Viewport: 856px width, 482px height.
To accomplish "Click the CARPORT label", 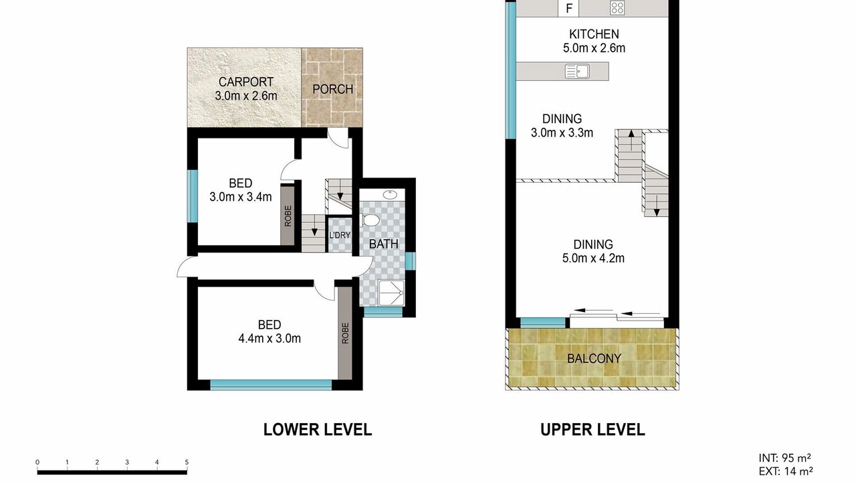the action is click(245, 82).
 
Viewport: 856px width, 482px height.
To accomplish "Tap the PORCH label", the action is click(332, 89).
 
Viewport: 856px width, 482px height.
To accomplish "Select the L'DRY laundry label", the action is click(340, 235).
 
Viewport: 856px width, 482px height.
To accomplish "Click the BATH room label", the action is click(383, 244).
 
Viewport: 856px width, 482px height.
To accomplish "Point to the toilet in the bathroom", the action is click(370, 220).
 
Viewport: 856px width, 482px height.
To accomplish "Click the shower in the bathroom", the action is click(391, 293).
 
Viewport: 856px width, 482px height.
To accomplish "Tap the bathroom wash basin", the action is click(390, 195).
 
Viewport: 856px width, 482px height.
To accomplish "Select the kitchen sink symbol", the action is click(577, 71).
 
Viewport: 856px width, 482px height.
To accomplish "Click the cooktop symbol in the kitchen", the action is click(617, 8).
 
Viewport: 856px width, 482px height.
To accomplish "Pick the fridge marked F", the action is click(568, 9).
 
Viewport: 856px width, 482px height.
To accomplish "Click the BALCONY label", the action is click(594, 358).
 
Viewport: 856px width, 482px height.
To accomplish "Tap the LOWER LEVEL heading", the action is click(318, 430).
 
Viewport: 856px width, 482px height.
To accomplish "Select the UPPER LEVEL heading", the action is click(593, 430).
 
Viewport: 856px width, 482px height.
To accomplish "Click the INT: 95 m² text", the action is click(785, 458).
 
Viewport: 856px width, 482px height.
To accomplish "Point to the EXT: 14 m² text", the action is click(786, 471).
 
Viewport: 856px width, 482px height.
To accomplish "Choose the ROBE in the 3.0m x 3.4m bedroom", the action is click(288, 216).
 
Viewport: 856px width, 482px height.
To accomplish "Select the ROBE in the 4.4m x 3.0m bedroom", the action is click(345, 333).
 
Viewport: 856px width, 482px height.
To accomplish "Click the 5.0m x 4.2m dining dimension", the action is click(593, 258).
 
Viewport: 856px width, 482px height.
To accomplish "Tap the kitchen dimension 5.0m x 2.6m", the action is click(594, 48).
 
